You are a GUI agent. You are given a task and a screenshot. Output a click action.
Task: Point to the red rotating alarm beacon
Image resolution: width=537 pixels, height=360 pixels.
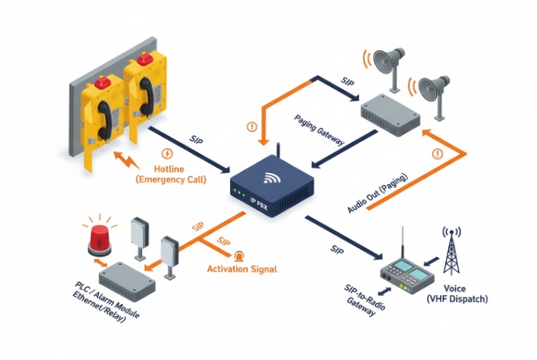tap(98, 239)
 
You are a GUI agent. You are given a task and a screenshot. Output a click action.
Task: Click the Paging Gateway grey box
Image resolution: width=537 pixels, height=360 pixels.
tap(389, 111)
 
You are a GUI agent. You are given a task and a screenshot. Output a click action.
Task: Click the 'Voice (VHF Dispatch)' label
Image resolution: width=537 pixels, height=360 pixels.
tap(478, 293)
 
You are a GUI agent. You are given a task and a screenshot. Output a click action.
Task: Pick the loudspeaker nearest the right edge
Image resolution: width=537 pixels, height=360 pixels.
tap(433, 90)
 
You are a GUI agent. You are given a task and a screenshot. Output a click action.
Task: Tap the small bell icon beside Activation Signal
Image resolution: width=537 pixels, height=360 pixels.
tap(239, 256)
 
